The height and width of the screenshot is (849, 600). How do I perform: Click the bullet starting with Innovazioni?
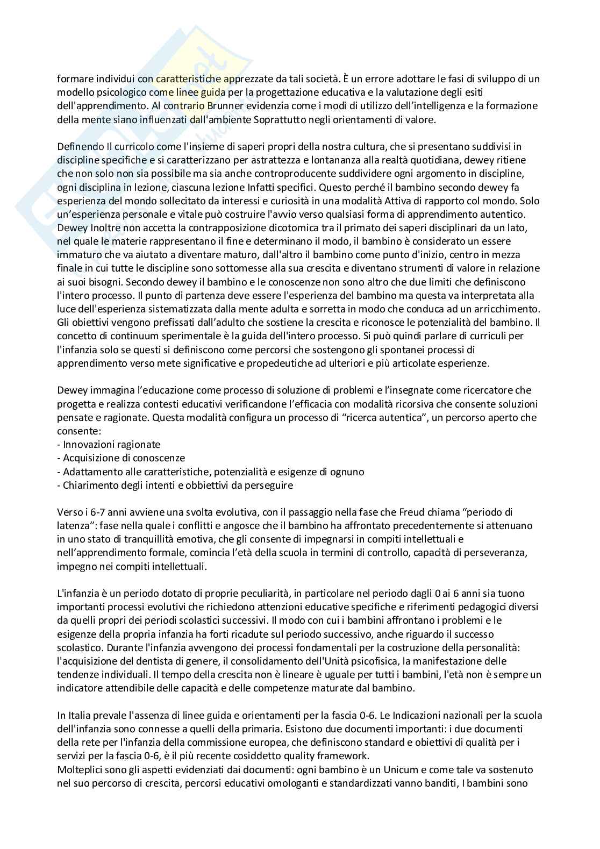tap(111, 444)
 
